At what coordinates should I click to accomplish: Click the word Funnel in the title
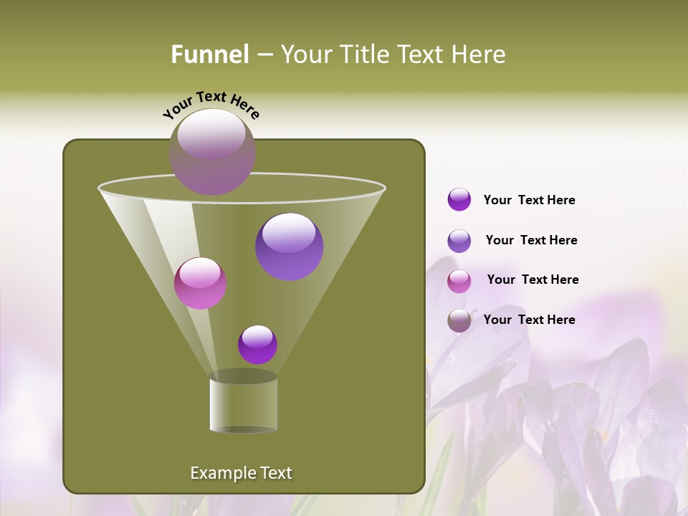point(209,54)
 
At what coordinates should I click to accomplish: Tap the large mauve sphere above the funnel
point(212,152)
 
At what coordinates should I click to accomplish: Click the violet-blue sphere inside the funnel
point(290,247)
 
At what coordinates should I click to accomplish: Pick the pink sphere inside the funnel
point(201,283)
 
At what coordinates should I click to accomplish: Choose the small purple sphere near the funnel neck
point(257,345)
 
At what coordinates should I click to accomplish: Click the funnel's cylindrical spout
point(244,405)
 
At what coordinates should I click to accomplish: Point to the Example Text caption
point(242,473)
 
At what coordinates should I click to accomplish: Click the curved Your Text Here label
point(211,104)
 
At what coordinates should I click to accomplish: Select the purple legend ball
point(459,200)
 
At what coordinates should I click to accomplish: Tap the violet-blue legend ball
point(459,241)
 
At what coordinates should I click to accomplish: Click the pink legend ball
point(459,281)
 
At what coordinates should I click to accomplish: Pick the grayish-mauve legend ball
point(459,320)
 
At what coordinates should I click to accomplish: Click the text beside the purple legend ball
point(529,201)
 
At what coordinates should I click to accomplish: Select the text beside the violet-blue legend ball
point(531,240)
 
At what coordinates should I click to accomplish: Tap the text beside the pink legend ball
point(532,279)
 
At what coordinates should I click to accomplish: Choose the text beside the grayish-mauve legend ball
point(529,320)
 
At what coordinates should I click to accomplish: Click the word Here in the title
point(478,54)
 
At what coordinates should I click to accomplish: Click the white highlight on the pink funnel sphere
point(200,272)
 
